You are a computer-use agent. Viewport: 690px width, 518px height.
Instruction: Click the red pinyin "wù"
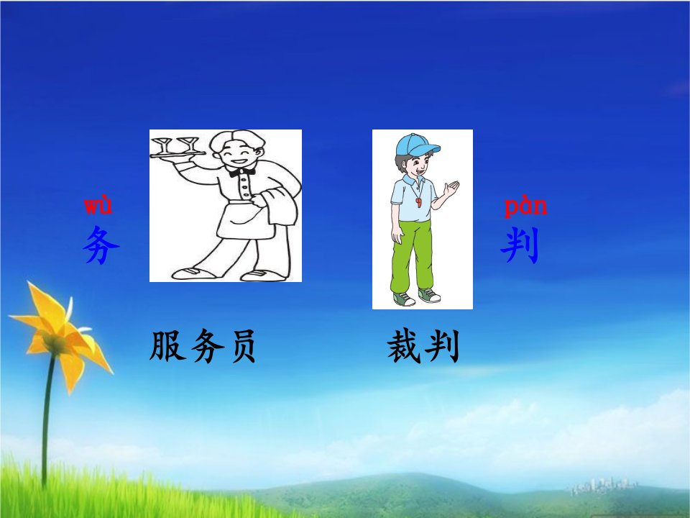[x=98, y=206]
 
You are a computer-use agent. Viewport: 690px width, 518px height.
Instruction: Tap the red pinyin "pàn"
[x=526, y=207]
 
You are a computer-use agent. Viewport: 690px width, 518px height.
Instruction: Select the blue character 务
[x=101, y=245]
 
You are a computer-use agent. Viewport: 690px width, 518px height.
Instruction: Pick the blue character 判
[x=520, y=245]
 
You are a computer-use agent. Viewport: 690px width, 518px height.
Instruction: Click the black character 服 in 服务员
[x=167, y=346]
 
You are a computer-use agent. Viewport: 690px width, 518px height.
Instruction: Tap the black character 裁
[x=404, y=346]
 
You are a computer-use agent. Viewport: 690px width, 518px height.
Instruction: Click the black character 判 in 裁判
[x=442, y=346]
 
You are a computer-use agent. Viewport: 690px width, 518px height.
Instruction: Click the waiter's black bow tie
[x=241, y=172]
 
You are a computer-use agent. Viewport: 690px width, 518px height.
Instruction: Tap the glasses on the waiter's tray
[x=174, y=145]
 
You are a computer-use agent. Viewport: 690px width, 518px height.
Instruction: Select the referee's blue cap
[x=416, y=145]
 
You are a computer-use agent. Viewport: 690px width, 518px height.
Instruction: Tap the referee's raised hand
[x=451, y=189]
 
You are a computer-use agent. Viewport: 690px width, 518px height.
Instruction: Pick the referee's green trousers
[x=412, y=255]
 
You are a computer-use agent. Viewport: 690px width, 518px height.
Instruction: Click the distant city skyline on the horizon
[x=604, y=486]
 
